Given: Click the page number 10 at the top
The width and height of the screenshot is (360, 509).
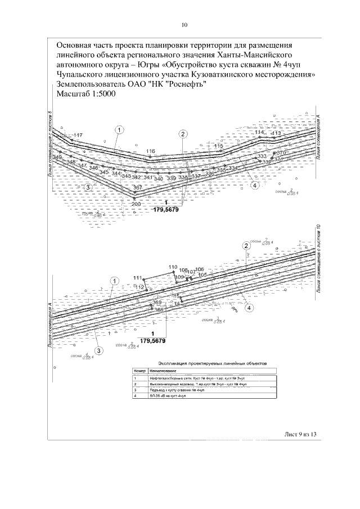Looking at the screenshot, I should click(x=184, y=25).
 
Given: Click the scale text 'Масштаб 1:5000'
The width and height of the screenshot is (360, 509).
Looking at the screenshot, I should click(x=86, y=94).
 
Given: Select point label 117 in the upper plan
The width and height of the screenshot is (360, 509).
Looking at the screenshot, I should click(x=78, y=135).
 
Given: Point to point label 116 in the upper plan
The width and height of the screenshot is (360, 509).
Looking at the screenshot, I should click(x=150, y=151).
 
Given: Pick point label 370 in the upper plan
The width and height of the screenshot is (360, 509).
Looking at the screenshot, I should click(x=281, y=153).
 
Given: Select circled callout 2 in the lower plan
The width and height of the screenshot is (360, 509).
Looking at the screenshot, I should click(x=246, y=246).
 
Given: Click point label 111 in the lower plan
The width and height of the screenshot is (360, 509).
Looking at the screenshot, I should click(x=138, y=278).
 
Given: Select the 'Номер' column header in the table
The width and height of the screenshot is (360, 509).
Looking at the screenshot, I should click(x=139, y=372).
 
